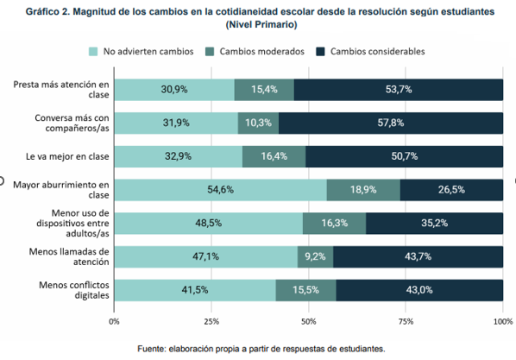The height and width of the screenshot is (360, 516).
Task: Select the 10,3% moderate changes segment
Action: [x=258, y=123]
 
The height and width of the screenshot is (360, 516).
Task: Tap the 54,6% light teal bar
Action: [x=221, y=190]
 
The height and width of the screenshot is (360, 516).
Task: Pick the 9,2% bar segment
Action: [x=315, y=256]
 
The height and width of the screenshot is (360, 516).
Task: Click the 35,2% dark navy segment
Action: [x=434, y=223]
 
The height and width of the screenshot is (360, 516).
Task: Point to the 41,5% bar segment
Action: [x=195, y=290]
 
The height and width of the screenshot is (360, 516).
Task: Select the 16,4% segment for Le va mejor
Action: [x=274, y=156]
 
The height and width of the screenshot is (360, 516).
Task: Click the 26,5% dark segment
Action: [x=451, y=190]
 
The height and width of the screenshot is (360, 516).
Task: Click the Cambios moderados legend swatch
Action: [x=211, y=51]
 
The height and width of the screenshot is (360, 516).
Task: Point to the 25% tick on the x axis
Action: [x=211, y=320]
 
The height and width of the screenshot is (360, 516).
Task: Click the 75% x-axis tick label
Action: [x=406, y=320]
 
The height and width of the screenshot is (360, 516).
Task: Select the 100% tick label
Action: [x=501, y=320]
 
